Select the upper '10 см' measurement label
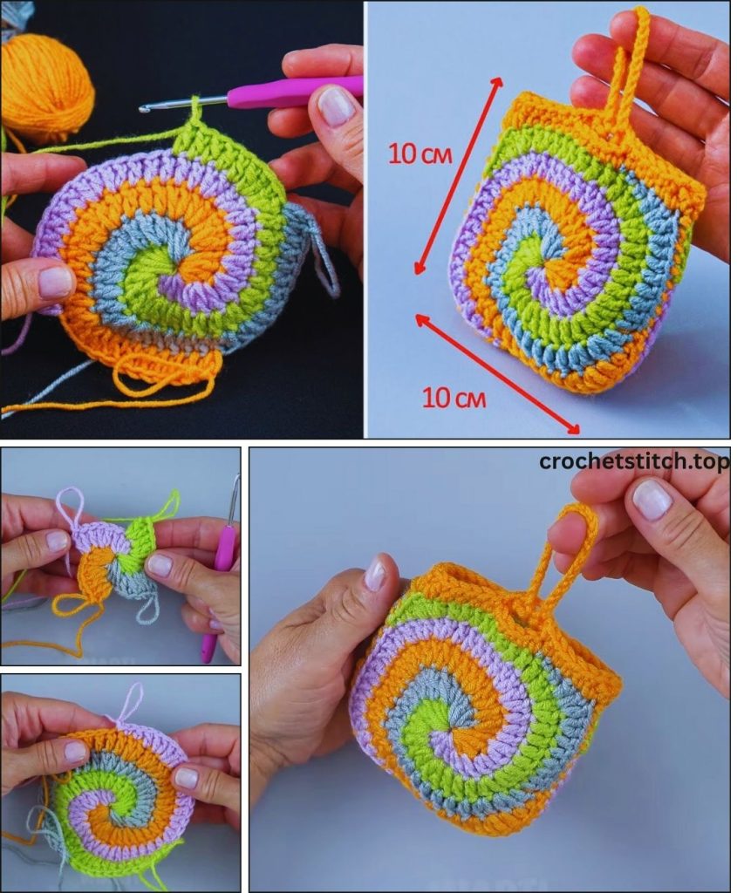420,153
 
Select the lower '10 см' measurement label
454,398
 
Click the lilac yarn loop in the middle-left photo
72,507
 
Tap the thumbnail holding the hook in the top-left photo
336,105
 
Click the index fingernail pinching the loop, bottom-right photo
653,498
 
